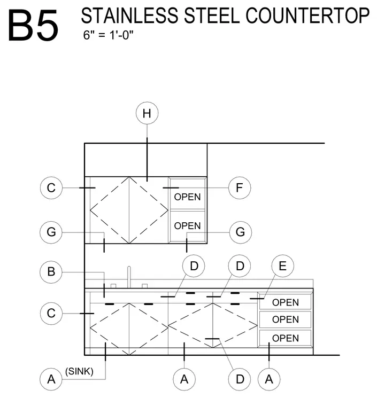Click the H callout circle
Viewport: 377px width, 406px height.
point(147,113)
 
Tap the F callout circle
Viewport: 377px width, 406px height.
point(240,188)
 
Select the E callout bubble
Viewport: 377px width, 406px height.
point(283,266)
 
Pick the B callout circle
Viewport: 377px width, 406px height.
point(51,271)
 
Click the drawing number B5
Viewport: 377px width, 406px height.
point(33,25)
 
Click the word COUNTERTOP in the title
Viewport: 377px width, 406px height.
point(307,16)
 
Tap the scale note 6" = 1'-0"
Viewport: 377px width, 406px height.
point(109,35)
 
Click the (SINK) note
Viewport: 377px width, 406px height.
point(79,371)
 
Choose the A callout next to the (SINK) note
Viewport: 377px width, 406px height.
point(51,379)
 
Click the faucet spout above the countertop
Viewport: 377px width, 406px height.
point(129,277)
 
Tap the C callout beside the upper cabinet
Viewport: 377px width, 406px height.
point(51,188)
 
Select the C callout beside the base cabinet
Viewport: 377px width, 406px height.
point(51,313)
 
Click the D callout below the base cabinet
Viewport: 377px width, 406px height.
point(240,379)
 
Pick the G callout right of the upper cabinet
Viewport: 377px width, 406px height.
point(241,232)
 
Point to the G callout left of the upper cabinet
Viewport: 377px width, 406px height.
point(51,232)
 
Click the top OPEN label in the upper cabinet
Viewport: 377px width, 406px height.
point(187,197)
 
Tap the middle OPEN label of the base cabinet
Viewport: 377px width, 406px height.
point(286,319)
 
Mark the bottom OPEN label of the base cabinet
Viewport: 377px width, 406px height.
point(286,338)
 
